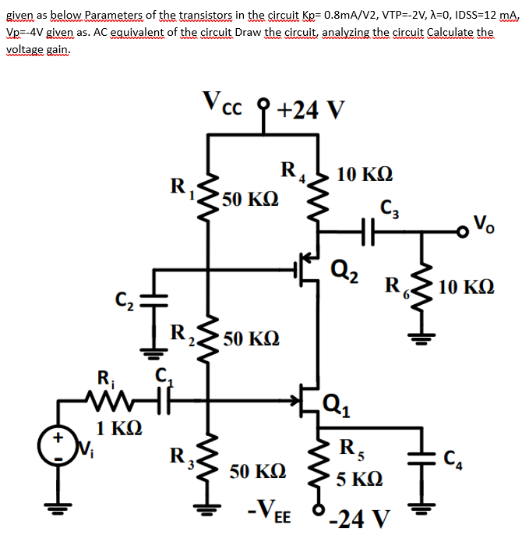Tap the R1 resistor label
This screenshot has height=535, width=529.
(x=180, y=187)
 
